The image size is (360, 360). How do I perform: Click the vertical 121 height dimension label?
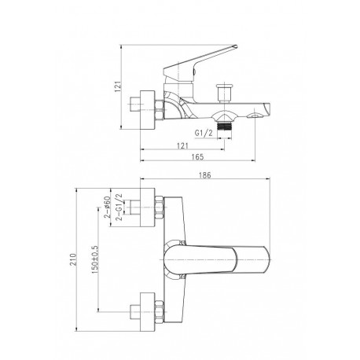tap(118, 86)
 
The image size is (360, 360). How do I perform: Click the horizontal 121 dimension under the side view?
tap(182, 145)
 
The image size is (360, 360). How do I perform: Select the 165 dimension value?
tap(197, 156)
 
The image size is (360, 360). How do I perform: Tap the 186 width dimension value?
tap(205, 175)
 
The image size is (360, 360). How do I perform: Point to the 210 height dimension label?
tap(73, 259)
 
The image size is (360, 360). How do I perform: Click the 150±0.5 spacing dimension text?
tap(94, 259)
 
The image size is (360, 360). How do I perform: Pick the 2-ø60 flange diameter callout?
tap(107, 207)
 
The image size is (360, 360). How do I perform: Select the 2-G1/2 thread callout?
tap(119, 207)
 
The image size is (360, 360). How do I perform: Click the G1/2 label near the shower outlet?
tap(204, 133)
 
